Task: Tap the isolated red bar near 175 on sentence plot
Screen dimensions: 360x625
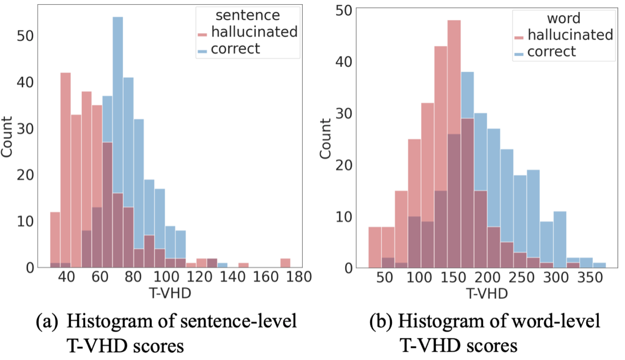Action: pyautogui.click(x=285, y=263)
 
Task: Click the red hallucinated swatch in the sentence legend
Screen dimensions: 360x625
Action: pyautogui.click(x=203, y=34)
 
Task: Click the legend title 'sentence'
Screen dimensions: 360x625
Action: pyautogui.click(x=248, y=16)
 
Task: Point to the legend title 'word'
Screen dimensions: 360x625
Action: pyautogui.click(x=563, y=19)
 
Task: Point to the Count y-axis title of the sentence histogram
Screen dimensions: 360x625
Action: pyautogui.click(x=8, y=137)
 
